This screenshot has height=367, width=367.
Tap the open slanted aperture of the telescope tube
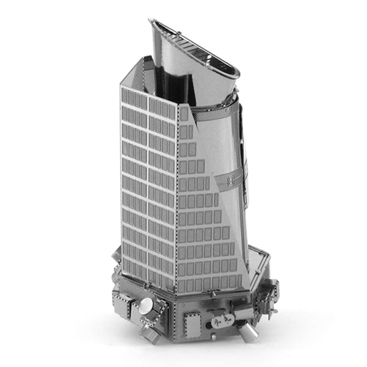pyautogui.click(x=196, y=46)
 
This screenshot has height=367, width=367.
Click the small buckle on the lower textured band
pyautogui.click(x=230, y=181)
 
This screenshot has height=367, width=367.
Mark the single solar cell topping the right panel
pyautogui.click(x=184, y=114)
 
